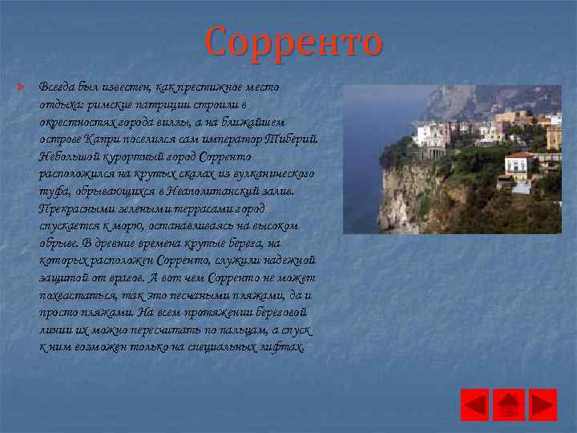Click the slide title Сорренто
(293, 42)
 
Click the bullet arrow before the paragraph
(25, 86)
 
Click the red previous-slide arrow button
(474, 405)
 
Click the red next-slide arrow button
(543, 405)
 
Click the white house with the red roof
(518, 164)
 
